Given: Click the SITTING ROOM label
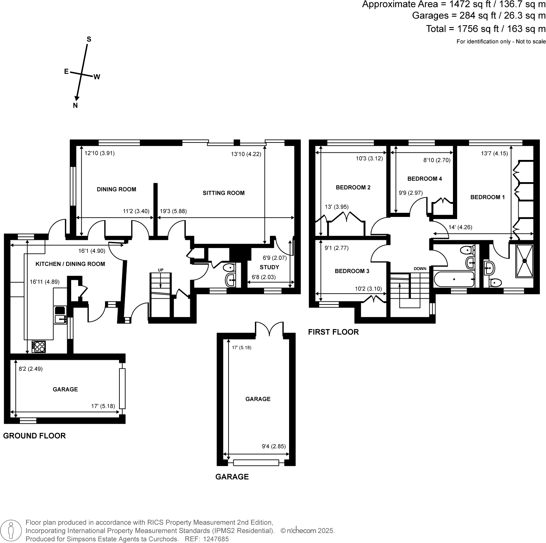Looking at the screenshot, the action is tap(223, 193).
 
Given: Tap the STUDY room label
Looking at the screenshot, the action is tap(270, 267).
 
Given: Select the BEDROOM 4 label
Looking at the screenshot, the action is tap(425, 179).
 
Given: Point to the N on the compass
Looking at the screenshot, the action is tap(75, 106).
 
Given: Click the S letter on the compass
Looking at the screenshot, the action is tap(89, 39).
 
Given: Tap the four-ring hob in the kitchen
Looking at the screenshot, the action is tap(39, 347).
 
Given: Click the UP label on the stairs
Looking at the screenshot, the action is tap(160, 270).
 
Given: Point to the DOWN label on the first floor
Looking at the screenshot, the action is tap(420, 269).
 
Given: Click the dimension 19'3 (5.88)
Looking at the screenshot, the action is tap(173, 211).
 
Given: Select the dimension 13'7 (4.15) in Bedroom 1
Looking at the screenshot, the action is tap(494, 153).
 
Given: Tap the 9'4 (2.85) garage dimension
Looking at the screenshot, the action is tap(274, 446).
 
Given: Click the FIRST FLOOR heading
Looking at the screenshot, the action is tap(334, 332).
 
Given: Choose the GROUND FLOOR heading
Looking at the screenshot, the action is tap(35, 436).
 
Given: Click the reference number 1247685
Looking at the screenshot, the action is tap(216, 539).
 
